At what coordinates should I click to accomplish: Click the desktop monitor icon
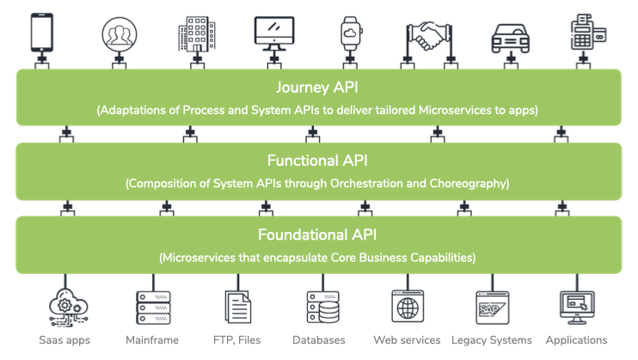(274, 33)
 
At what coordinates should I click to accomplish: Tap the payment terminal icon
(586, 33)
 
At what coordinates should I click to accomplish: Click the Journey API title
(318, 88)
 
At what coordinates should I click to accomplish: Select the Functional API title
(318, 161)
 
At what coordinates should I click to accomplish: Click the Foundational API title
(318, 235)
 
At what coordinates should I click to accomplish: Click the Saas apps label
(64, 340)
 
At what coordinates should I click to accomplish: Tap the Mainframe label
(153, 340)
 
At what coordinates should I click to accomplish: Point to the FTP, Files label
(237, 340)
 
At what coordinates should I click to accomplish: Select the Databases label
(319, 340)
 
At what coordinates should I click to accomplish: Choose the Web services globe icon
(407, 306)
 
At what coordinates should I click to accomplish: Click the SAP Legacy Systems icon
(491, 306)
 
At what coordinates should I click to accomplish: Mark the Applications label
(576, 340)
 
